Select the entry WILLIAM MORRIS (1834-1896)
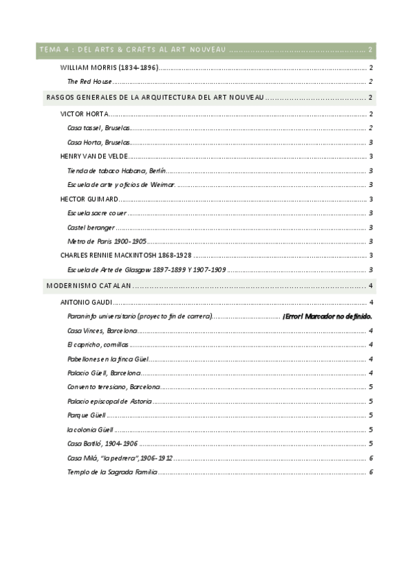click(x=109, y=67)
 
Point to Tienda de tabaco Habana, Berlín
click(x=117, y=170)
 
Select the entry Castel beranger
click(x=91, y=228)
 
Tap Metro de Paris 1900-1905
click(x=107, y=241)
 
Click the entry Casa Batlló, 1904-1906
click(x=102, y=443)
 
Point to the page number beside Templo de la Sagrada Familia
click(x=371, y=472)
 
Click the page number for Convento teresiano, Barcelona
click(x=371, y=387)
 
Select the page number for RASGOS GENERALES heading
click(x=371, y=98)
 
